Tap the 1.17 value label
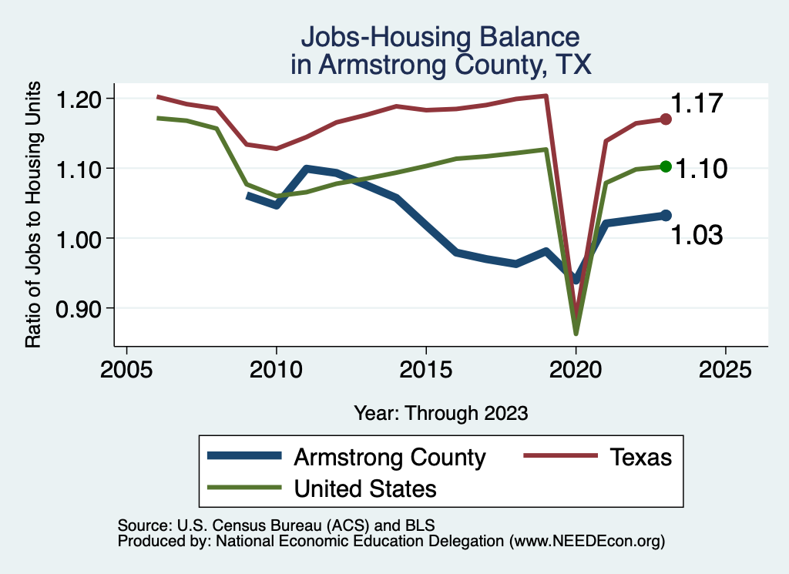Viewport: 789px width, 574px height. (696, 103)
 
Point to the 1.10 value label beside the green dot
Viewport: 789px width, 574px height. (702, 169)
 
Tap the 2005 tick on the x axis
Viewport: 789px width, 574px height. (126, 369)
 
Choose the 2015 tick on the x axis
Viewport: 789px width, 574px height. (426, 369)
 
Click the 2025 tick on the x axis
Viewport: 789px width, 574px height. (725, 369)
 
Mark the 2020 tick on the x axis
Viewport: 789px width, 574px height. (576, 369)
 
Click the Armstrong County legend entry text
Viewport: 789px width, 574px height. (390, 457)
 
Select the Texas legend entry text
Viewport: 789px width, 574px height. (641, 457)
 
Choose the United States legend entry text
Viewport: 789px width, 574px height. (365, 488)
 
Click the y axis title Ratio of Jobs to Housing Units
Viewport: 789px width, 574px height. (34, 223)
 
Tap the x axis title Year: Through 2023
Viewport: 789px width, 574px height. (441, 412)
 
